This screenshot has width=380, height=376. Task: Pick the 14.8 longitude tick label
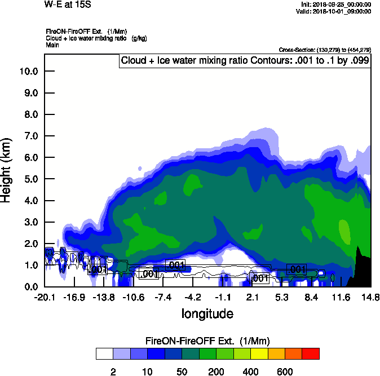[370, 297]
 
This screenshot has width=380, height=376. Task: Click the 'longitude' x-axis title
[207, 313]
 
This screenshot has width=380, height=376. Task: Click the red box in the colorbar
[310, 353]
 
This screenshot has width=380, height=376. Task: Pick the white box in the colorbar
[104, 353]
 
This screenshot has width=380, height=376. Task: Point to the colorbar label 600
[284, 371]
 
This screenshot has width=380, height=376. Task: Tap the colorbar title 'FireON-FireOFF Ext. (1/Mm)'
[208, 340]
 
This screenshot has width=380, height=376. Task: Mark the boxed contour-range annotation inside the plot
[245, 61]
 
